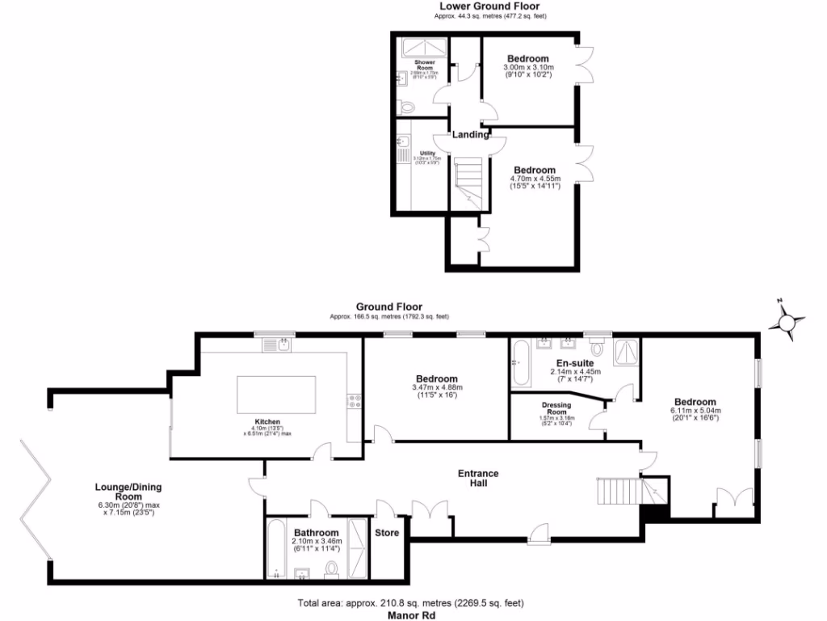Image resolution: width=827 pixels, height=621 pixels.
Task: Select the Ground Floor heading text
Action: coord(389,307)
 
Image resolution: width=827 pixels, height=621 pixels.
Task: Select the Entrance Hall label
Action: coord(478,478)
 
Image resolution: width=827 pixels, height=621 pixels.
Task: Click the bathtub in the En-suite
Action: coord(520,363)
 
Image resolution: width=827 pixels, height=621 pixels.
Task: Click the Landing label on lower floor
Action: coord(470,135)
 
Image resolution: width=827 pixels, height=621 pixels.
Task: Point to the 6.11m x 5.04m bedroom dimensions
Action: coord(695,413)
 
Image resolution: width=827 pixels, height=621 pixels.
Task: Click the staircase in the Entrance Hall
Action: coord(622,490)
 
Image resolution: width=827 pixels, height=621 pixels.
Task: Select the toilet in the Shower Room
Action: coord(407,106)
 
